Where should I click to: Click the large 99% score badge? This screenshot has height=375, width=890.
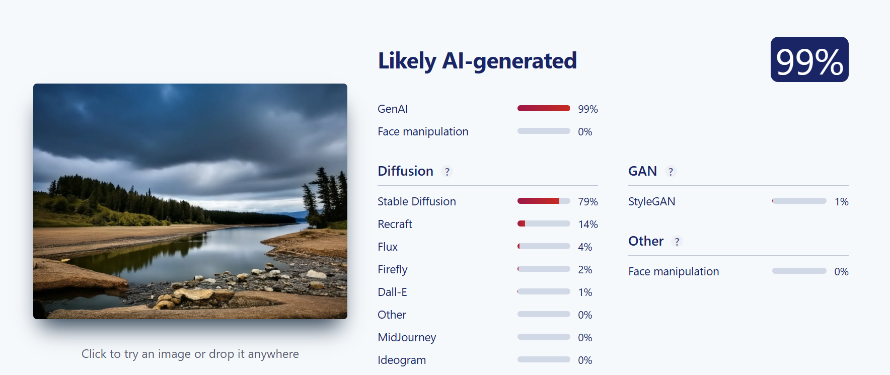[809, 59]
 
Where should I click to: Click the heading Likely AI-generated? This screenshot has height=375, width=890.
[477, 61]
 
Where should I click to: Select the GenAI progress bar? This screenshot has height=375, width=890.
[544, 108]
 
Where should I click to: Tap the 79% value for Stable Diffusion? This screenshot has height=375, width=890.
[588, 201]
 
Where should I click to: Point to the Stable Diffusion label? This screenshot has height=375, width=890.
[417, 201]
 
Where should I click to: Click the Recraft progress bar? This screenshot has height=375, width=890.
[544, 223]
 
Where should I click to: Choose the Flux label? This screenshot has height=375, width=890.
[388, 247]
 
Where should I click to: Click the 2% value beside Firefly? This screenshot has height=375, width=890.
[585, 269]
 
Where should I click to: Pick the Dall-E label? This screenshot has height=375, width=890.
[393, 292]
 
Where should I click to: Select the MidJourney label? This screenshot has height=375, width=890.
[407, 337]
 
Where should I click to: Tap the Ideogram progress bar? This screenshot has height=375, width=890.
[544, 359]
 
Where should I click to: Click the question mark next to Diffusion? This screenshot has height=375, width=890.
[447, 172]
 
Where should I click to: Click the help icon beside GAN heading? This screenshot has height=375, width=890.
[671, 172]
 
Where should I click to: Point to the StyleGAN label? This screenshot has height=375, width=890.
[652, 201]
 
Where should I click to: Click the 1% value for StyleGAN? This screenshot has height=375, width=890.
[842, 201]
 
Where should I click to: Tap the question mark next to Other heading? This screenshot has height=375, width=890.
[677, 242]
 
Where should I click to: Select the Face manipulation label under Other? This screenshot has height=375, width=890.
[674, 271]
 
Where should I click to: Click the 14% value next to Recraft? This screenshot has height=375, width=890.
[588, 224]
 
